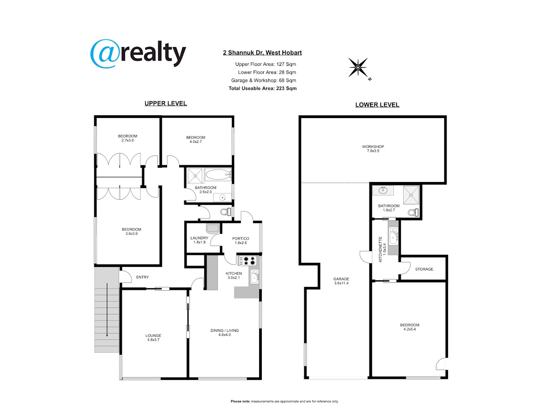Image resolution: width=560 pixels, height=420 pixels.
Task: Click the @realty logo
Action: click(138, 54)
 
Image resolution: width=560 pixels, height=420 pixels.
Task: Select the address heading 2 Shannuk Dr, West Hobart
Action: click(262, 53)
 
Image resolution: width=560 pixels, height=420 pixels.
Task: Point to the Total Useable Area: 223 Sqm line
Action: click(263, 89)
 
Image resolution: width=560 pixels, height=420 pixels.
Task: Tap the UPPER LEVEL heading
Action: click(166, 103)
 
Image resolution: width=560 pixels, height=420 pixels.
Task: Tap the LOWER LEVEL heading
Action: click(377, 105)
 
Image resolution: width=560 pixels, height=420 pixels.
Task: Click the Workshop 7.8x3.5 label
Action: click(373, 149)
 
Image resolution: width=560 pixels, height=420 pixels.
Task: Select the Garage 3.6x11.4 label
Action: click(341, 281)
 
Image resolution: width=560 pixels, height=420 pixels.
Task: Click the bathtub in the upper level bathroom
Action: click(218, 175)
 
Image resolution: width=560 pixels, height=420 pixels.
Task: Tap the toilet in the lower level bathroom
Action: click(413, 212)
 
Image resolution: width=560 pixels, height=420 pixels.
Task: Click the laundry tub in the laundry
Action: click(212, 229)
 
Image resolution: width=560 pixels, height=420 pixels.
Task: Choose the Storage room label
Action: click(424, 269)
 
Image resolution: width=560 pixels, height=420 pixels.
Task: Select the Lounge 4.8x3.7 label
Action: click(154, 337)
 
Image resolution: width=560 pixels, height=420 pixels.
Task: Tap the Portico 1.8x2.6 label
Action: click(241, 240)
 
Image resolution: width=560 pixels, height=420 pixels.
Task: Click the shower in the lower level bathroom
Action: click(411, 195)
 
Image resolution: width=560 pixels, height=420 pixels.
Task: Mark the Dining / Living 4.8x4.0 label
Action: click(224, 333)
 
